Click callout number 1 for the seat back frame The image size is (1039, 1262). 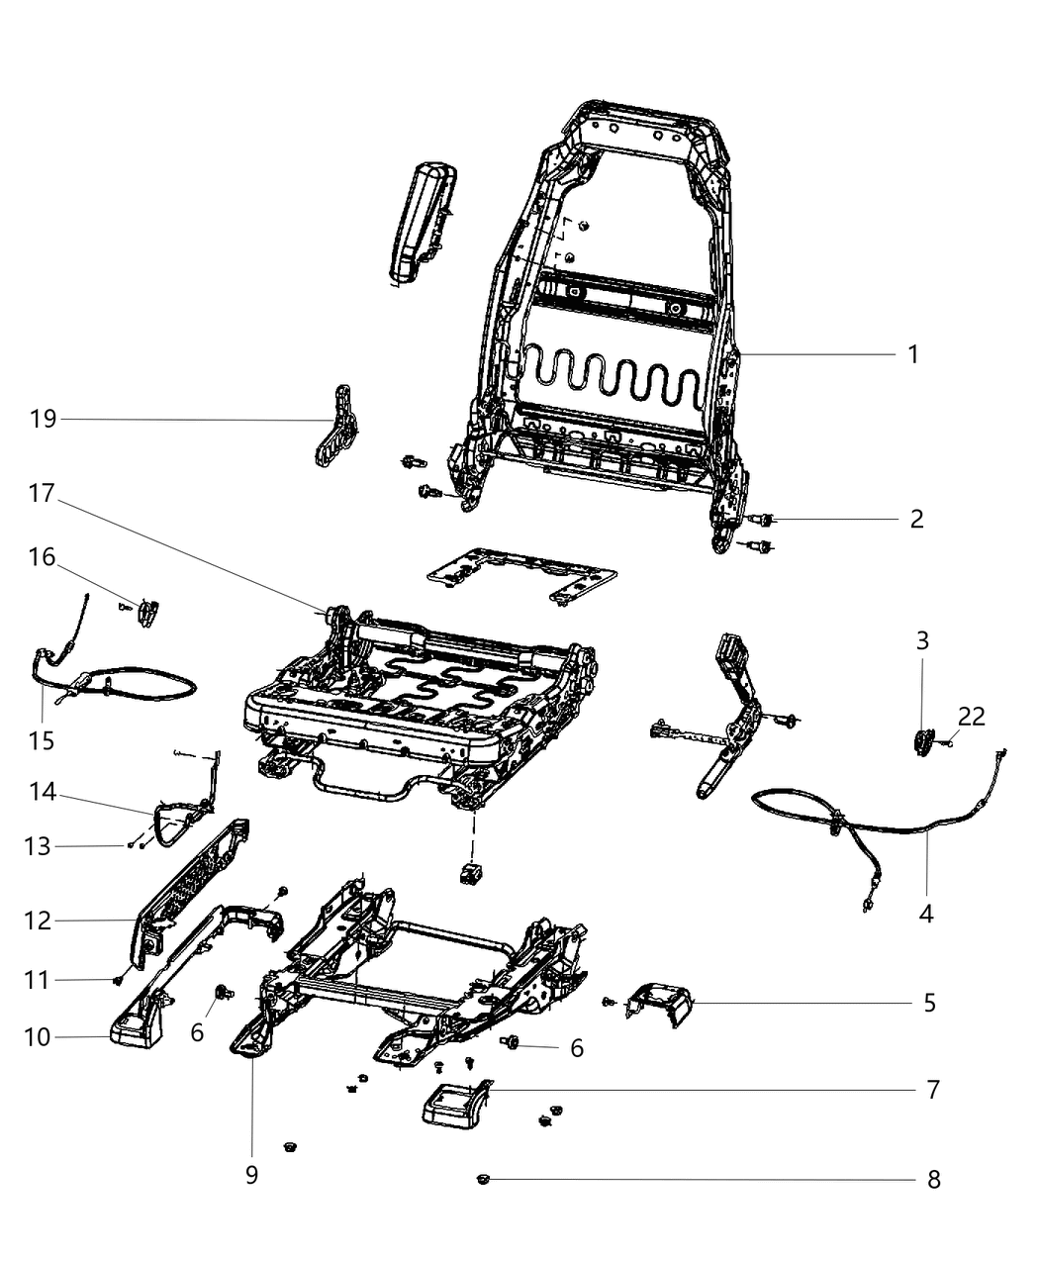pos(913,353)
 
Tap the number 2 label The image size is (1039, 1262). pos(916,519)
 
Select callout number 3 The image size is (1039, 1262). pos(922,640)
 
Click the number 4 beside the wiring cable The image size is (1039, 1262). pos(926,913)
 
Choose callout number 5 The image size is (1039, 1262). pos(929,1003)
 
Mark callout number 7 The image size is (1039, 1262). pos(932,1090)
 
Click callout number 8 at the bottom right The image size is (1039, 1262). pos(932,1179)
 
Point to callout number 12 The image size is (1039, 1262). pos(38,921)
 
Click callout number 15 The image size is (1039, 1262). pos(42,739)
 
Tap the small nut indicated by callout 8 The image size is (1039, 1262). pos(483,1179)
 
